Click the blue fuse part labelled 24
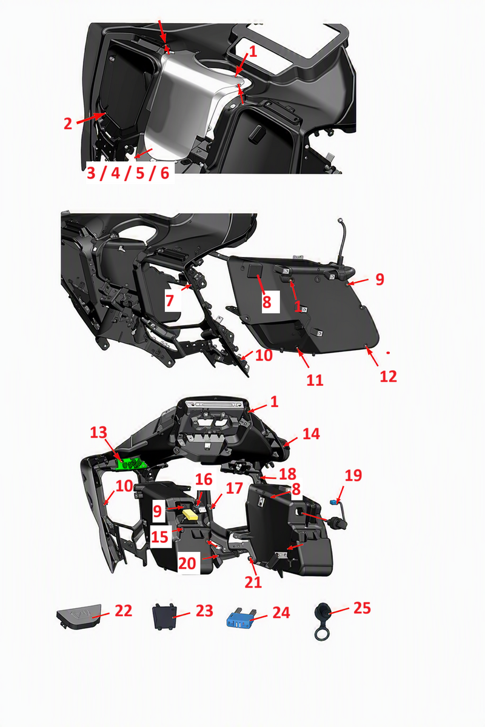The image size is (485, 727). (239, 620)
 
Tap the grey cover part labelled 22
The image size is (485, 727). (79, 616)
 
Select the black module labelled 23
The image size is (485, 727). (165, 617)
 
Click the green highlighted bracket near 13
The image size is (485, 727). (130, 464)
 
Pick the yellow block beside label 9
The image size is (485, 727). (190, 514)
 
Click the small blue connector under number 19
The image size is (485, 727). (333, 503)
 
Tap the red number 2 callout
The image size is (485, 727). (67, 124)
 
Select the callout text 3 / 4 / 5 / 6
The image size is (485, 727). (128, 173)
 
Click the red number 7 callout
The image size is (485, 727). (170, 300)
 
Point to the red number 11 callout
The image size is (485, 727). (315, 380)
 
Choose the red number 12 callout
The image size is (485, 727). (388, 376)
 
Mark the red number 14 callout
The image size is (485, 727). (311, 434)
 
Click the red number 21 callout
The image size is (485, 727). (253, 582)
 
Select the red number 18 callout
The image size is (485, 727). (287, 474)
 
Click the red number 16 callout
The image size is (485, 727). (204, 479)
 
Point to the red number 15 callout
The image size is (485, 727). (159, 537)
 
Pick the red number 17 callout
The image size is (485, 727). (234, 488)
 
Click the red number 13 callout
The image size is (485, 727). (98, 433)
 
